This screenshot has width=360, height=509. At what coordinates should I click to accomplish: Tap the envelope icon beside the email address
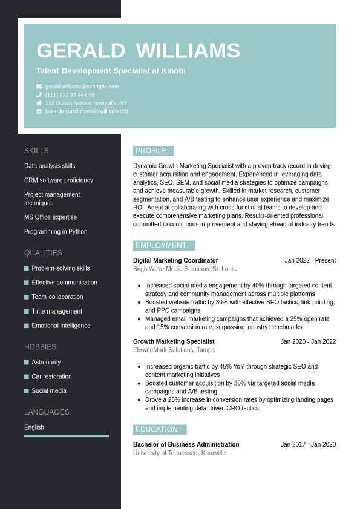pos(39,87)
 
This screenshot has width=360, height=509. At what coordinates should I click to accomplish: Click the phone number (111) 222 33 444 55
pos(70,95)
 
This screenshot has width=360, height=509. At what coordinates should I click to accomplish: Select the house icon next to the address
pos(39,103)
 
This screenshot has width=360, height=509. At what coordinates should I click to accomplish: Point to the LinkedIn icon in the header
pos(39,111)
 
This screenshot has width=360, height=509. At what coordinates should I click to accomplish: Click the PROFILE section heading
pos(151,151)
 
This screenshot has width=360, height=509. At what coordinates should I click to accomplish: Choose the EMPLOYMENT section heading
pos(162,246)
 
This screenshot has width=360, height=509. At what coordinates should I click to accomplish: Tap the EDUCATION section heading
pos(157,430)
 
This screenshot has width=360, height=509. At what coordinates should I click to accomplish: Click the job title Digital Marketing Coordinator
pos(175,261)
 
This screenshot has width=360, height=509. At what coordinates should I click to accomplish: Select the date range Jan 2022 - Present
pos(310,261)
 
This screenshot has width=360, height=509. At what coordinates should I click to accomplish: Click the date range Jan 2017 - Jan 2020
pos(308,445)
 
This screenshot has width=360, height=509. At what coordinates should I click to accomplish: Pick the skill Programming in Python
pos(56,232)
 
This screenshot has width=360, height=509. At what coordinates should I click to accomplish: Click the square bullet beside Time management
pos(27,312)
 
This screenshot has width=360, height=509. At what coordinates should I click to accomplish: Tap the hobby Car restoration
pos(51,376)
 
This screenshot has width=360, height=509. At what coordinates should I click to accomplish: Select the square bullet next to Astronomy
pos(27,363)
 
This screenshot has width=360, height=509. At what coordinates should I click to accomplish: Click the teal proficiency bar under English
pos(67,436)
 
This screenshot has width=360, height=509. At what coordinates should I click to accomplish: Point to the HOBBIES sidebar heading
pos(40,347)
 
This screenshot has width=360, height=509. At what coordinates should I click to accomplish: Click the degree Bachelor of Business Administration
pos(186,445)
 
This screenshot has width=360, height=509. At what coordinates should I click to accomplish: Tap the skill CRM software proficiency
pos(59,180)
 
